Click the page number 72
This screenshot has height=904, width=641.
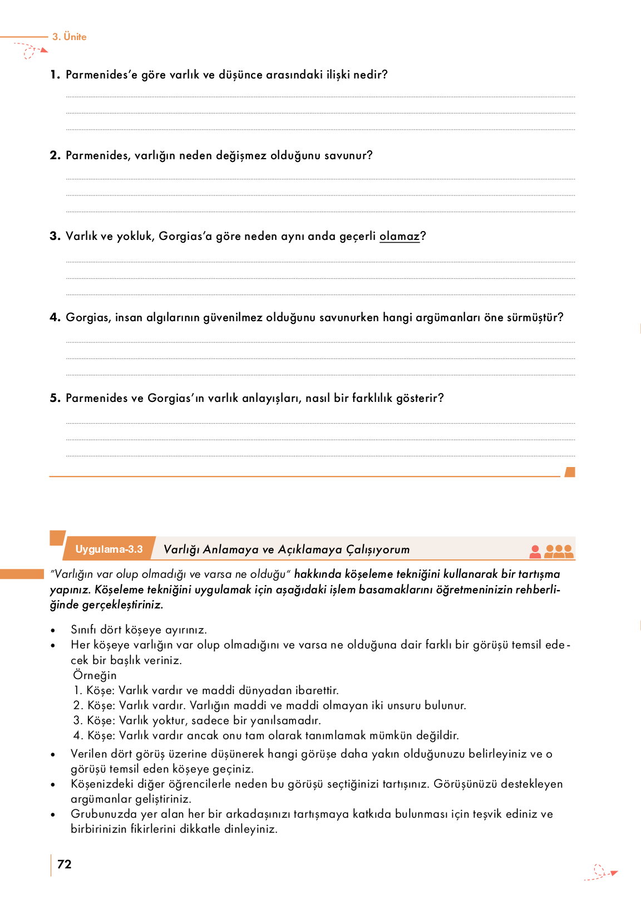[65, 864]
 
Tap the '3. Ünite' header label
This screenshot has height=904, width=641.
[70, 37]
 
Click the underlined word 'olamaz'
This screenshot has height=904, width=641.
[399, 237]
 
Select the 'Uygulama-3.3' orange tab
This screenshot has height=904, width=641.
[109, 549]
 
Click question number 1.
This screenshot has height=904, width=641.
[55, 75]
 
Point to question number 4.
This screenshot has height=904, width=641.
[55, 317]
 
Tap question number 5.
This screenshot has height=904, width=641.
[55, 398]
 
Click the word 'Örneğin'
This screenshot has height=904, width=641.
[95, 675]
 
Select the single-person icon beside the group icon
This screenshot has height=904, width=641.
[535, 551]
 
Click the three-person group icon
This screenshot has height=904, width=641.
[559, 551]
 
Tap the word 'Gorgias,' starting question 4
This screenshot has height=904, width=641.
[88, 318]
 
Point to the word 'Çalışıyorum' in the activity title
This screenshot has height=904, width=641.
[378, 550]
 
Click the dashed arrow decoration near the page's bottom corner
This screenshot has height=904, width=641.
[601, 873]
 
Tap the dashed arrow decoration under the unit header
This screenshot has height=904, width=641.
[31, 51]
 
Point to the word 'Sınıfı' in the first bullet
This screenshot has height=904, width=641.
[83, 630]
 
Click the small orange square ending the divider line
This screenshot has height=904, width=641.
[570, 472]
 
